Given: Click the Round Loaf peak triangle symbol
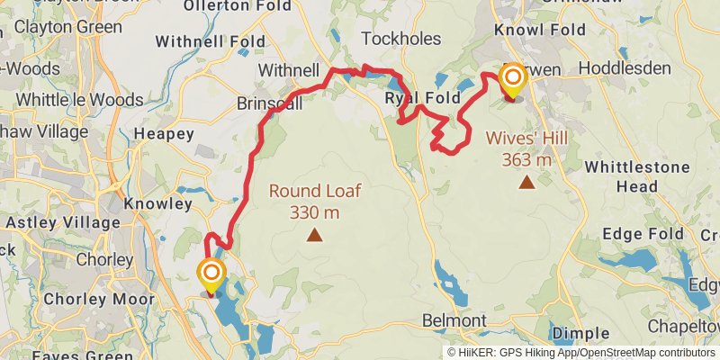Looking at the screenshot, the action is [314, 236].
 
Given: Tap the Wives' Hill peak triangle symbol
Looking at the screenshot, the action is [526, 183].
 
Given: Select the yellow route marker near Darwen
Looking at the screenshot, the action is [512, 81].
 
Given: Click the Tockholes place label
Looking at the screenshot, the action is [400, 39].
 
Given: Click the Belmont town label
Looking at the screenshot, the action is [454, 321].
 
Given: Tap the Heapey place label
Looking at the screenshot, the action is [163, 134].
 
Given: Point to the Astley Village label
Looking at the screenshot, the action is [63, 222].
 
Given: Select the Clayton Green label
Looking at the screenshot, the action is [67, 27].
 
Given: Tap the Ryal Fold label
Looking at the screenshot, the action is [422, 97].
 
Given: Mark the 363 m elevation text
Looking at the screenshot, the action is [526, 160].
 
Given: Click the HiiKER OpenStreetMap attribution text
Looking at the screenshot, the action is [581, 352].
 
